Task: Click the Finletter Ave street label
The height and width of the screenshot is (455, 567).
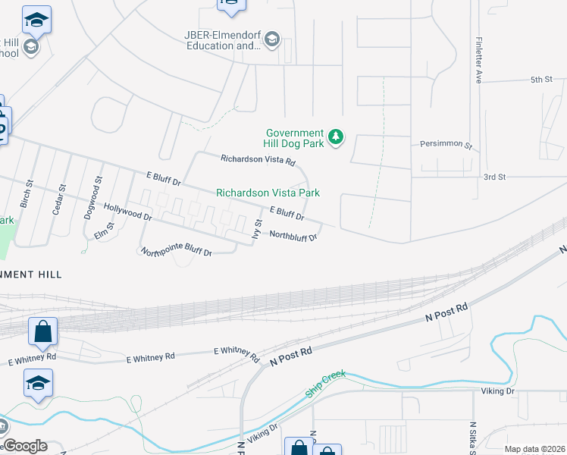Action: point(478,60)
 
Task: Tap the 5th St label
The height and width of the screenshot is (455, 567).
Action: point(542,80)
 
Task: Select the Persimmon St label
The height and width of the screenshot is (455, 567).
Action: point(446,144)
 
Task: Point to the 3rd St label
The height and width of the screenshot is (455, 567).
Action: point(494,177)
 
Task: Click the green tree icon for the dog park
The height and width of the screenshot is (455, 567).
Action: point(336,137)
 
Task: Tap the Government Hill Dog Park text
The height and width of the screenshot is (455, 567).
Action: point(294,138)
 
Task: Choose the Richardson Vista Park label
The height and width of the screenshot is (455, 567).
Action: point(268,193)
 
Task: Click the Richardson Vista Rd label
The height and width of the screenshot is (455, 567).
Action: point(257,160)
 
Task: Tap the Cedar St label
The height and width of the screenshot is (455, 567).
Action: point(58,199)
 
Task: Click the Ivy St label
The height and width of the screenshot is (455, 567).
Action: point(258,229)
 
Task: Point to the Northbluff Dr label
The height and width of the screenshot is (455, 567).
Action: point(293,237)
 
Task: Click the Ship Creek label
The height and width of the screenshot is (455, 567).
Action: point(325,384)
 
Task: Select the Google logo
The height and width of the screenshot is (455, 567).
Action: point(24,446)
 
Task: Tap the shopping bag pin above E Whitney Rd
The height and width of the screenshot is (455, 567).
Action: point(42,331)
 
